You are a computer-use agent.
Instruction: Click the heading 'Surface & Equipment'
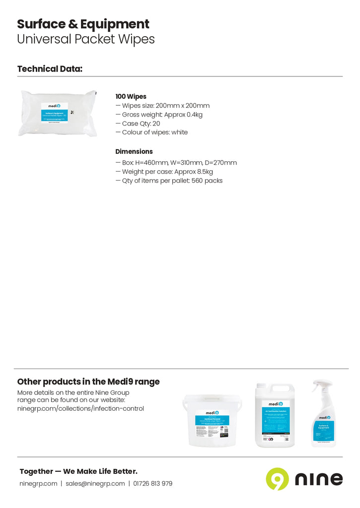pyautogui.click(x=83, y=24)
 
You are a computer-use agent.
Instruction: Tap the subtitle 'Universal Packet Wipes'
pyautogui.click(x=86, y=39)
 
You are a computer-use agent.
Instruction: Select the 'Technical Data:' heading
pyautogui.click(x=50, y=69)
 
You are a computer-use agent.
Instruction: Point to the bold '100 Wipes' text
pyautogui.click(x=131, y=96)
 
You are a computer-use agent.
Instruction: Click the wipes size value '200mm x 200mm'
pyautogui.click(x=182, y=106)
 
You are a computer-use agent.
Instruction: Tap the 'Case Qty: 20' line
pyautogui.click(x=141, y=124)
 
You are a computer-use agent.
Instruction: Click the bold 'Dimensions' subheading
pyautogui.click(x=134, y=151)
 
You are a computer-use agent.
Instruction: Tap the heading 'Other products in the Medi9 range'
pyautogui.click(x=88, y=381)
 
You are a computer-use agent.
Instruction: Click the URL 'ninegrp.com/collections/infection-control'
pyautogui.click(x=80, y=409)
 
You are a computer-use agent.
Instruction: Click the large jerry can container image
pyautogui.click(x=275, y=416)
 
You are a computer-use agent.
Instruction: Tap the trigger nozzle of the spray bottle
pyautogui.click(x=320, y=385)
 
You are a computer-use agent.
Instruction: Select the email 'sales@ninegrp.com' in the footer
pyautogui.click(x=95, y=483)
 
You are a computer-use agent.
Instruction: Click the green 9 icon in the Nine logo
pyautogui.click(x=277, y=479)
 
